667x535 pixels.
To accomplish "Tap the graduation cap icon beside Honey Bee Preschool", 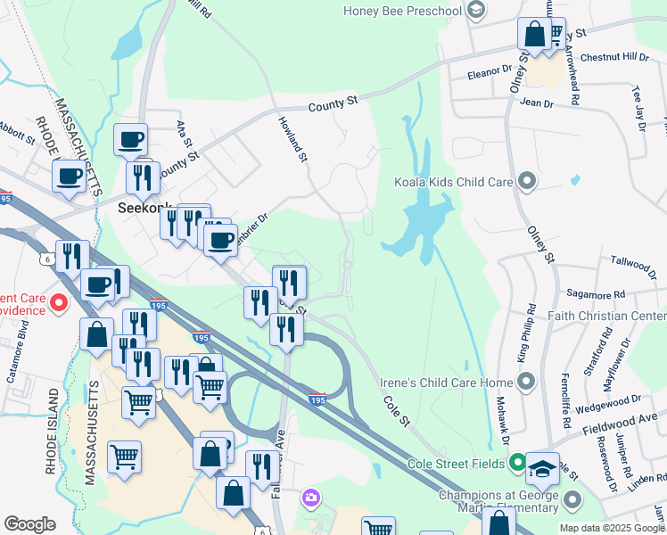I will (476, 11).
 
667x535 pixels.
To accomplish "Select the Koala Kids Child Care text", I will (453, 182).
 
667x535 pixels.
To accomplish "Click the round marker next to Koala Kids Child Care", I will (527, 182).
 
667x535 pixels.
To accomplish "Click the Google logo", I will (29, 524).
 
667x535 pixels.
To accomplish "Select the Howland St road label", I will (292, 139).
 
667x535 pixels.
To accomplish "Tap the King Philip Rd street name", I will (524, 332).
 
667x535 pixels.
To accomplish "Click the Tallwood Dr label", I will (633, 263).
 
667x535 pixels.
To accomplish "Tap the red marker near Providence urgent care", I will (59, 304).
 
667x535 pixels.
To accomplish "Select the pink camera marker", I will (309, 497).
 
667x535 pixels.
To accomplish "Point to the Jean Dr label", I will (536, 104).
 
